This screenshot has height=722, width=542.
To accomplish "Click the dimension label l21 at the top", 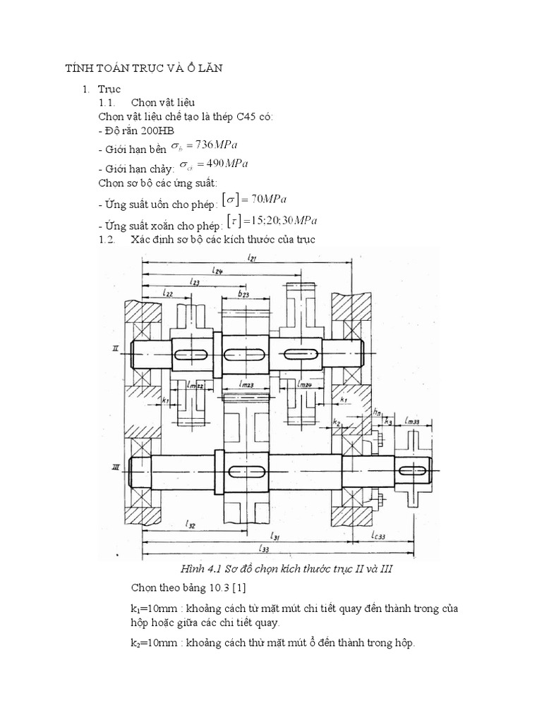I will pos(251,259).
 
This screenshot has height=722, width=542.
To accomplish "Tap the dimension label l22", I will pos(167,292).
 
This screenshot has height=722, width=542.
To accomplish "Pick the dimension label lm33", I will pos(414,421).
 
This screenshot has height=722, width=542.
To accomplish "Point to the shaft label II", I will pos(115,349).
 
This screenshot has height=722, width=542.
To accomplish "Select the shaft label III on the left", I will pos(115,466).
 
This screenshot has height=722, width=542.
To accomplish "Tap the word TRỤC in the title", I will pos(131,68).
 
